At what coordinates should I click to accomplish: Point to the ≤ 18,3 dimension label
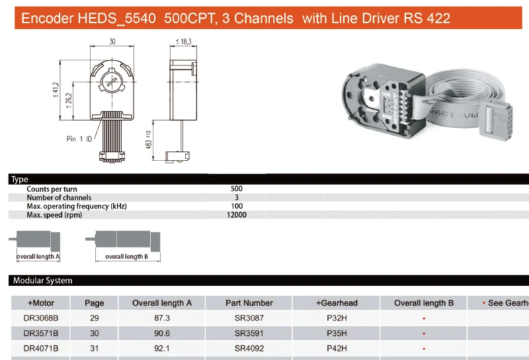183,42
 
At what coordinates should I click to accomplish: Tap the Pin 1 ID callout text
79,139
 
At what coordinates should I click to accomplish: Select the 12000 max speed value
236,215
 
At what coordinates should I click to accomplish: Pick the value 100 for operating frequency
236,206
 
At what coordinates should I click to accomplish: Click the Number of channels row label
59,198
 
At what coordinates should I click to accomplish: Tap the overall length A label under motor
38,257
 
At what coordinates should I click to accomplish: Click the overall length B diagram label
126,257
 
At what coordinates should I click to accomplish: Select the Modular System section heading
43,281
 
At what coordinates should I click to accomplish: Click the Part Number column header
249,303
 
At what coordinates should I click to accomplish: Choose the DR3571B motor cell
41,333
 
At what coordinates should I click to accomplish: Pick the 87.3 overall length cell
162,318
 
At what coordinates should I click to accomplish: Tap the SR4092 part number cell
249,348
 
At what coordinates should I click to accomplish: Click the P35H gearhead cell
337,333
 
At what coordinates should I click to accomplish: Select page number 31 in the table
95,348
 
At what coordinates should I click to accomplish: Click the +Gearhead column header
337,303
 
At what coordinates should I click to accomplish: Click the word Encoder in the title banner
47,18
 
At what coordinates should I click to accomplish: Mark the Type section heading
20,179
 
